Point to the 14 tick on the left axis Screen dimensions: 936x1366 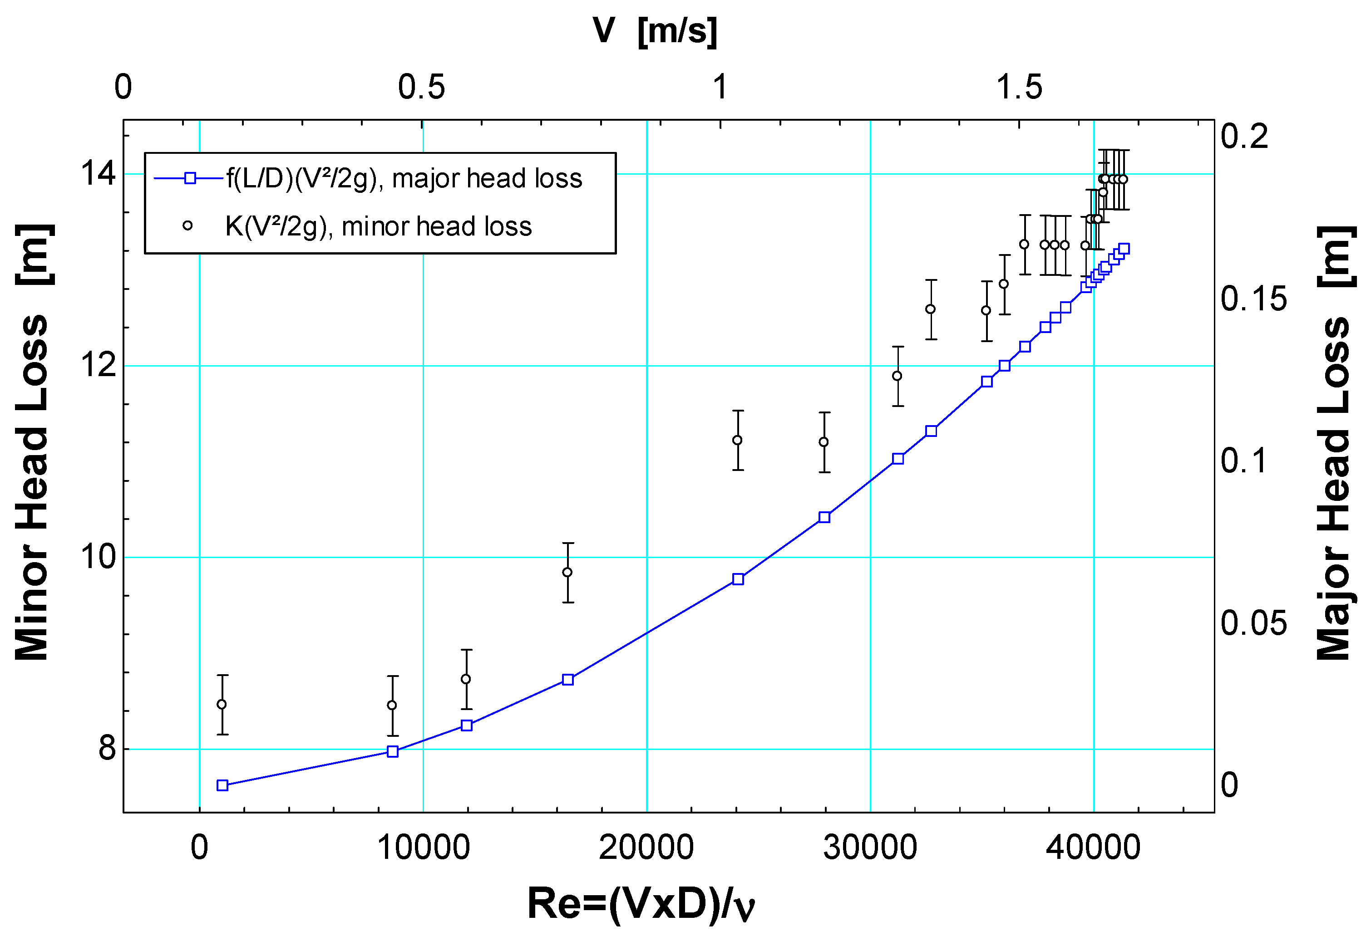click(98, 173)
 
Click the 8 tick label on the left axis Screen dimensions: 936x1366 click(107, 749)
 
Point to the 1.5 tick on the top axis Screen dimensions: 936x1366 click(1019, 87)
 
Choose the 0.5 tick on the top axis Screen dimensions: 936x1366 click(421, 87)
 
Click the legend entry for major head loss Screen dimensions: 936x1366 click(404, 178)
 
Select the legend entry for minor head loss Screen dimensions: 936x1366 click(378, 226)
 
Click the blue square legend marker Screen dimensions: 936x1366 click(190, 178)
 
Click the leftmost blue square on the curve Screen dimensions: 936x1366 click(222, 785)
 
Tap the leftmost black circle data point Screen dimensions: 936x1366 click(222, 704)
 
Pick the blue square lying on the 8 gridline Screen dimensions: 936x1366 click(393, 751)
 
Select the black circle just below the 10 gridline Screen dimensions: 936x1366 click(567, 572)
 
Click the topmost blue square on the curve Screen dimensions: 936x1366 click(1124, 249)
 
